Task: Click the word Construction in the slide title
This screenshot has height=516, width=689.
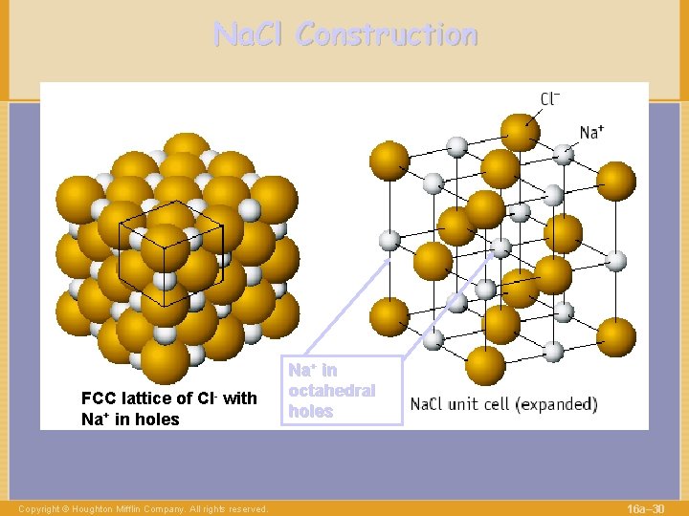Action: click(387, 35)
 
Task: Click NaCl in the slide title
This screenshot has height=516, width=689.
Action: click(250, 35)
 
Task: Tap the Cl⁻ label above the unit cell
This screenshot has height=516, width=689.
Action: click(550, 98)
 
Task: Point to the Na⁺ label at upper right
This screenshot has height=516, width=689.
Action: click(591, 132)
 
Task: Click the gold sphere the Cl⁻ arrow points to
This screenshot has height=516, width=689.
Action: click(520, 133)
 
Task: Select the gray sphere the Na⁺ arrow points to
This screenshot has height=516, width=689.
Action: click(566, 152)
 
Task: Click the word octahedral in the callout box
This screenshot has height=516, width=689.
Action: click(331, 391)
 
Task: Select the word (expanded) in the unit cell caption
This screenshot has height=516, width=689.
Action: click(557, 403)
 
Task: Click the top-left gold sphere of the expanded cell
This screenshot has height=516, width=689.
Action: click(389, 161)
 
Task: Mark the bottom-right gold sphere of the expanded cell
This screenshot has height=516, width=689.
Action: click(615, 337)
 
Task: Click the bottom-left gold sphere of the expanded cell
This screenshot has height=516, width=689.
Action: click(389, 317)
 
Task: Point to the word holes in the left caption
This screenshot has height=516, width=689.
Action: click(156, 419)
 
